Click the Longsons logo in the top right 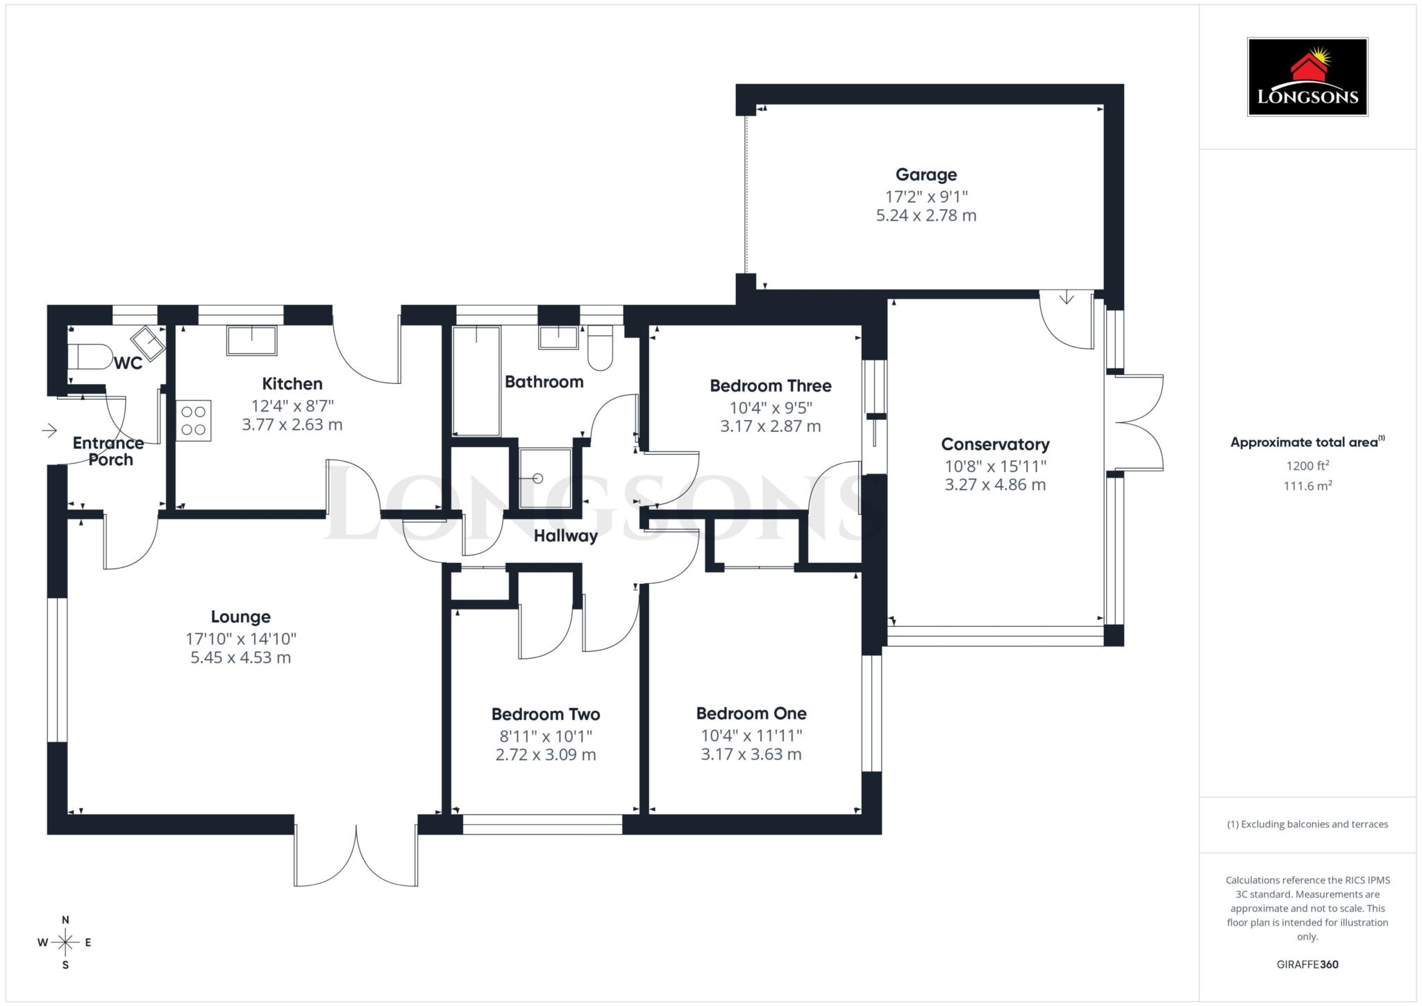(x=1307, y=77)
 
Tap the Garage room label (x=926, y=175)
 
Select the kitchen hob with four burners (x=194, y=421)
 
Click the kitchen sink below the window (x=251, y=341)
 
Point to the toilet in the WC (x=90, y=358)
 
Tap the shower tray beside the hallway (x=546, y=478)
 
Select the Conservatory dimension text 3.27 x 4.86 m (x=994, y=485)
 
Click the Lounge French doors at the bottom (x=356, y=855)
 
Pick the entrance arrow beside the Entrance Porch (x=49, y=431)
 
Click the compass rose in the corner (x=65, y=942)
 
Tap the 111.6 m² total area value (x=1307, y=486)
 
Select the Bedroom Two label (x=545, y=714)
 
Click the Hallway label (x=565, y=536)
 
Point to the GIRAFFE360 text (x=1307, y=964)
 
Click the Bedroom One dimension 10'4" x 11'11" (x=751, y=735)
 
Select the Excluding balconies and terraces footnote (x=1307, y=824)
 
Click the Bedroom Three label (x=770, y=386)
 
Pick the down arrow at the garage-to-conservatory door (x=1066, y=298)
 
